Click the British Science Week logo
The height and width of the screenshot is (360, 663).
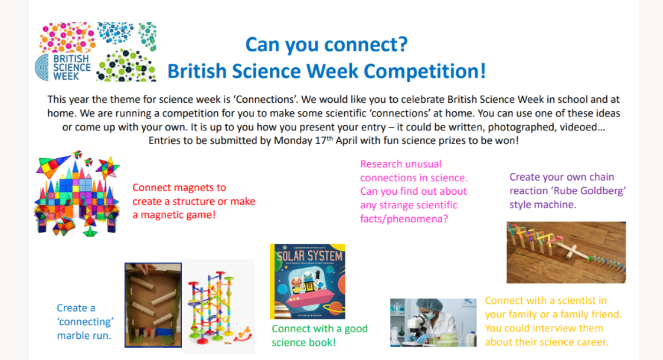[96, 51]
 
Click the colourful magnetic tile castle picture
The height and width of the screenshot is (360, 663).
[77, 193]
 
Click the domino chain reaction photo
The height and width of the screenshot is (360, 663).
[566, 252]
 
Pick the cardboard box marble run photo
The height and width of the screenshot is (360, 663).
[153, 305]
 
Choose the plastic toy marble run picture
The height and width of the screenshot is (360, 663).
[220, 307]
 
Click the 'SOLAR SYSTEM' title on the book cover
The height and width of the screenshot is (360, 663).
[309, 256]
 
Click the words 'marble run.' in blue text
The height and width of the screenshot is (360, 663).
[84, 335]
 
